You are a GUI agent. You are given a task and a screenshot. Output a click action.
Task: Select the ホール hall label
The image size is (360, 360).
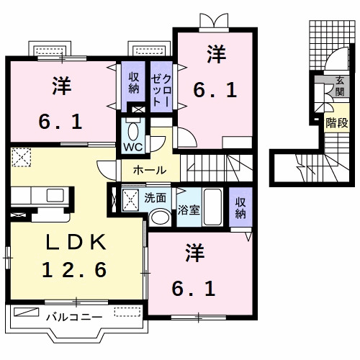(x=150, y=171)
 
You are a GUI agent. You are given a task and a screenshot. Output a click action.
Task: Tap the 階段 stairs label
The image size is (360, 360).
(x=335, y=122)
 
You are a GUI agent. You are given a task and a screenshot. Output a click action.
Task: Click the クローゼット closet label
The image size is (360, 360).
(x=159, y=89)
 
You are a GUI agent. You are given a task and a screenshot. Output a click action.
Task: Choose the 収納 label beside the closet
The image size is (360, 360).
(x=134, y=84)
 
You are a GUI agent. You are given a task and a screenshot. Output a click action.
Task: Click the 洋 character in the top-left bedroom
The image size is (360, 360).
(x=61, y=86)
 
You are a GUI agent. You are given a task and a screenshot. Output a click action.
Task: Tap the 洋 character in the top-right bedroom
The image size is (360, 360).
(x=214, y=54)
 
